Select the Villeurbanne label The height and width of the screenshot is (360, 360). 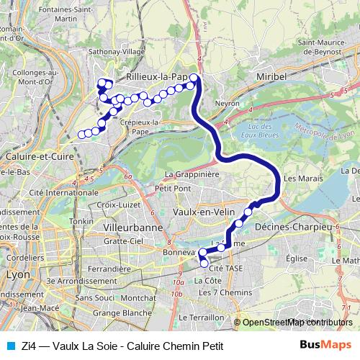coord(125,227)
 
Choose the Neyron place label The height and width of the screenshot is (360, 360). coord(226,104)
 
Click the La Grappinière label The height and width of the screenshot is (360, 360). coord(192,174)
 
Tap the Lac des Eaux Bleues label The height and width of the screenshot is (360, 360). coord(267,131)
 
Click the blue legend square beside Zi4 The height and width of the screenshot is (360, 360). coord(9,346)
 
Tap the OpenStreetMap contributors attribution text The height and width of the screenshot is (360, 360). coord(297,323)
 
